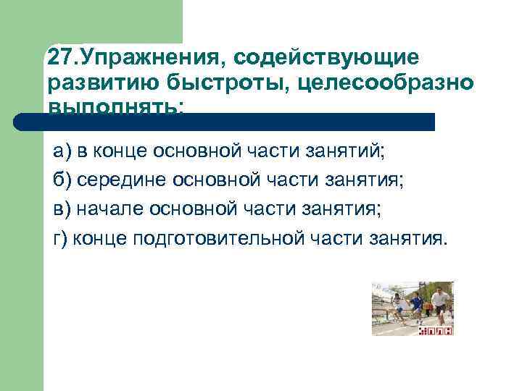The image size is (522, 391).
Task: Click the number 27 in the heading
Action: pyautogui.click(x=59, y=56)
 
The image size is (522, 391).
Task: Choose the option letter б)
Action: pyautogui.click(x=63, y=180)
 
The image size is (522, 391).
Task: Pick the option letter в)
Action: pyautogui.click(x=63, y=209)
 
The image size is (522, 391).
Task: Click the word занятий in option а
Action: pyautogui.click(x=352, y=152)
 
